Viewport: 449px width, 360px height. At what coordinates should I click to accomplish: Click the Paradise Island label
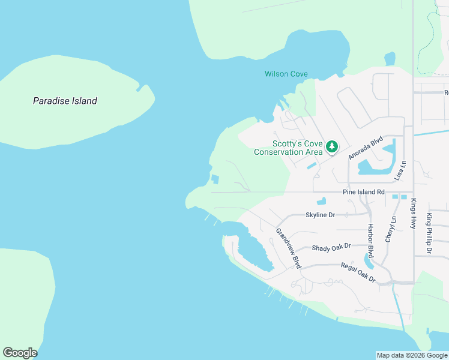65,101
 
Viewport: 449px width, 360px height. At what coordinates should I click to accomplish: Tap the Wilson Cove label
286,74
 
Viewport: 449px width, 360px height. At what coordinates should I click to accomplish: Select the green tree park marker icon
331,146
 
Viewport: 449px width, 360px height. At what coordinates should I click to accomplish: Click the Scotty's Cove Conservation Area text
288,148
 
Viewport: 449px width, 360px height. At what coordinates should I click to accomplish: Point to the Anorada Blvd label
366,147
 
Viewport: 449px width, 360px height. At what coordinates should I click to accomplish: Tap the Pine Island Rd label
363,192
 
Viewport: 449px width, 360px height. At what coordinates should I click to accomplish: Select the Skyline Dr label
320,215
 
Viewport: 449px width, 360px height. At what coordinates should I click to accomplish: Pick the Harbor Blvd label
370,238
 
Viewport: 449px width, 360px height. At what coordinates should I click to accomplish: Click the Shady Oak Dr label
331,247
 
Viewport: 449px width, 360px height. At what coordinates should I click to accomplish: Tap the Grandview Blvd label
288,247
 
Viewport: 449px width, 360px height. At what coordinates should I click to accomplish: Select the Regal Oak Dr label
358,272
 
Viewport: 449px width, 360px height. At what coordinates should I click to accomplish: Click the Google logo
20,353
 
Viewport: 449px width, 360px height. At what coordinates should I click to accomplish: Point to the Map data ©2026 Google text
412,355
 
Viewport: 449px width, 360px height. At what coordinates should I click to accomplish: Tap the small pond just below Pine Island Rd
322,201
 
